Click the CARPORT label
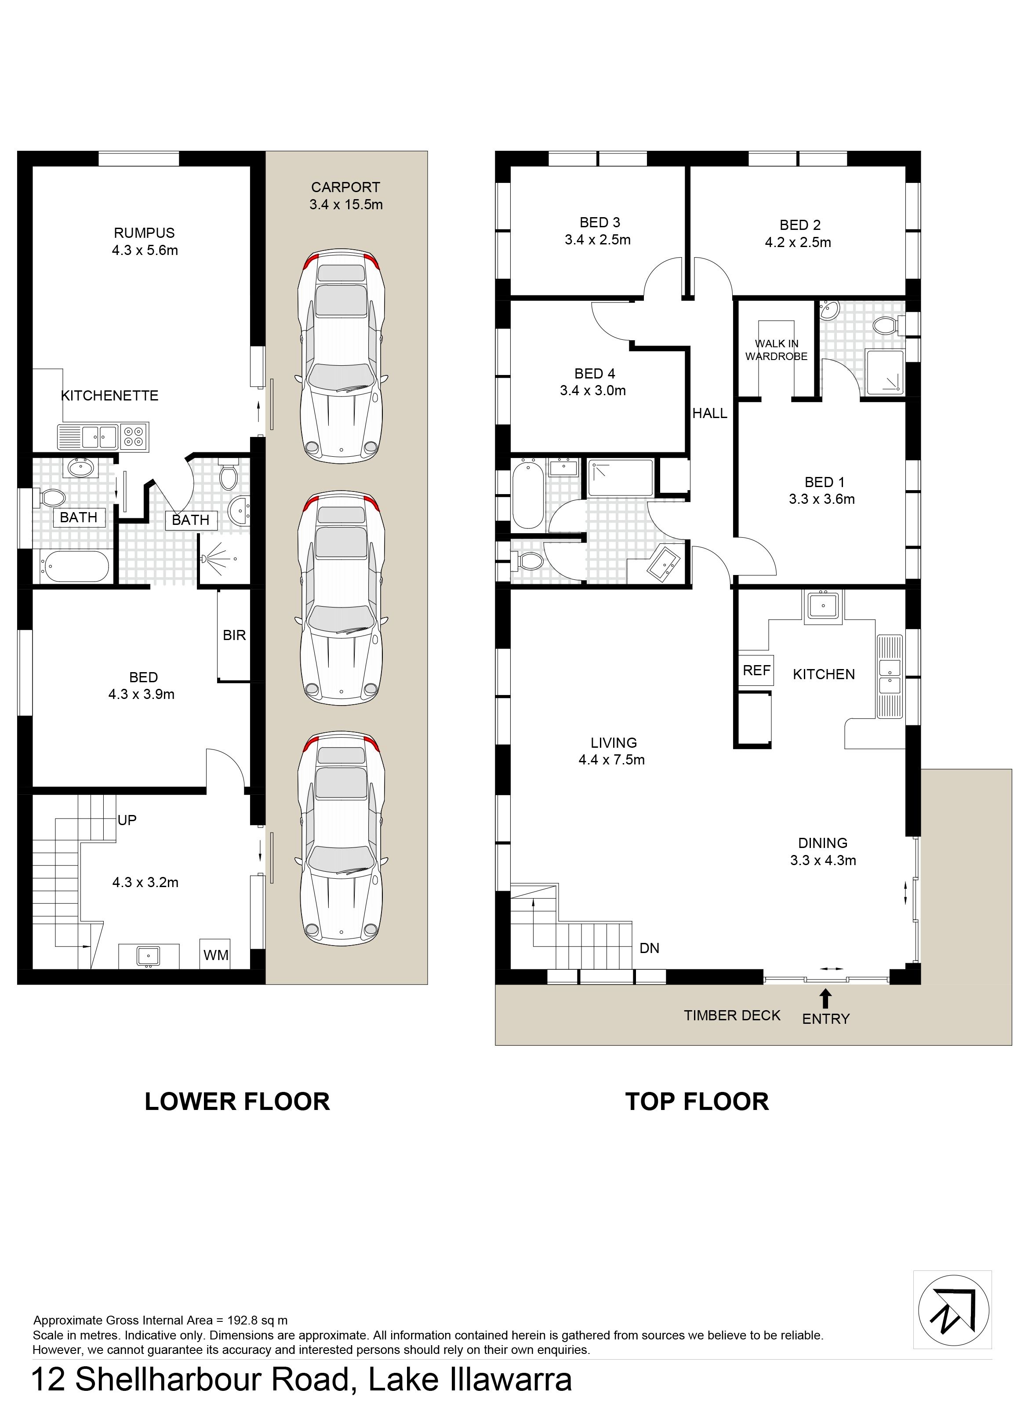(x=346, y=187)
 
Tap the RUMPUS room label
(x=144, y=233)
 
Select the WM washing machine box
(x=216, y=954)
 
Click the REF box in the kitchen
(x=756, y=670)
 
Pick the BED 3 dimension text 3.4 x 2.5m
(x=598, y=240)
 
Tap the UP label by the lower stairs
(x=127, y=820)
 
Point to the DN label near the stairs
(x=649, y=948)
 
